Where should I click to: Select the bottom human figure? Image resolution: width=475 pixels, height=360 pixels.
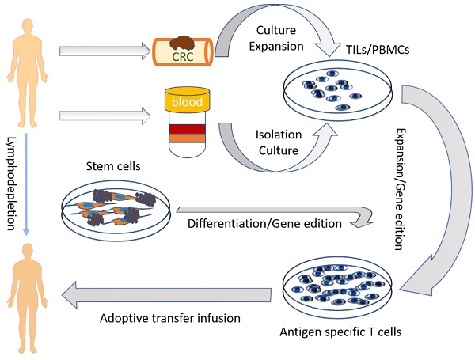(x=27, y=288)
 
